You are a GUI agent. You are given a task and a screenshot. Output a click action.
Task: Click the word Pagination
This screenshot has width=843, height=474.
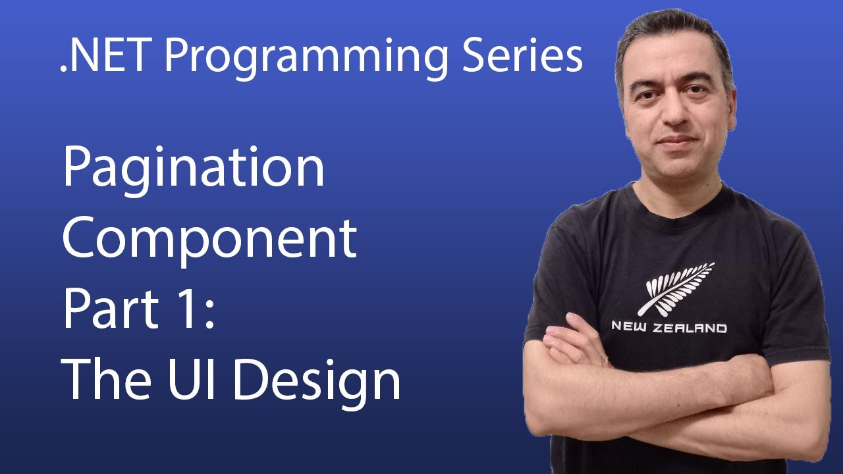194,169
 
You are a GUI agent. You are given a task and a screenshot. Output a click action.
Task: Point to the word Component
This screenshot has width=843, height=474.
209,240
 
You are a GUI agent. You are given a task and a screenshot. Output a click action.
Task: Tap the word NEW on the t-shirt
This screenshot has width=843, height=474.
630,327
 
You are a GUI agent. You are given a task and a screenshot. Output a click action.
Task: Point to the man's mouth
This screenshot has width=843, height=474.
676,142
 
